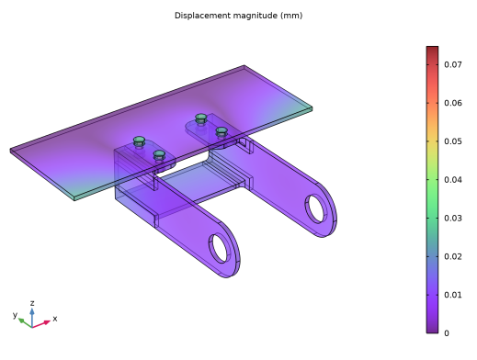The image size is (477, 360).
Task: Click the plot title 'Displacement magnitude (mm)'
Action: point(238,16)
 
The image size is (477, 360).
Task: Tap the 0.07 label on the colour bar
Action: point(453,64)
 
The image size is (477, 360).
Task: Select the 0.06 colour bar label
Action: point(453,103)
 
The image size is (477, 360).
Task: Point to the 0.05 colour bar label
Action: point(453,141)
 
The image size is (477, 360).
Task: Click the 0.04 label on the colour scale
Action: point(453,180)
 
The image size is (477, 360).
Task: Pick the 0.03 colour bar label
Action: point(453,219)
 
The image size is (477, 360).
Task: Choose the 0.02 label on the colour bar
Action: point(453,256)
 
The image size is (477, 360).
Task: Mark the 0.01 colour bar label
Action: point(453,295)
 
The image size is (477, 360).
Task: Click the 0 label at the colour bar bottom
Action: point(447,333)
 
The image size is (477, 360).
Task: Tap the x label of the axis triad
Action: point(55,319)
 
